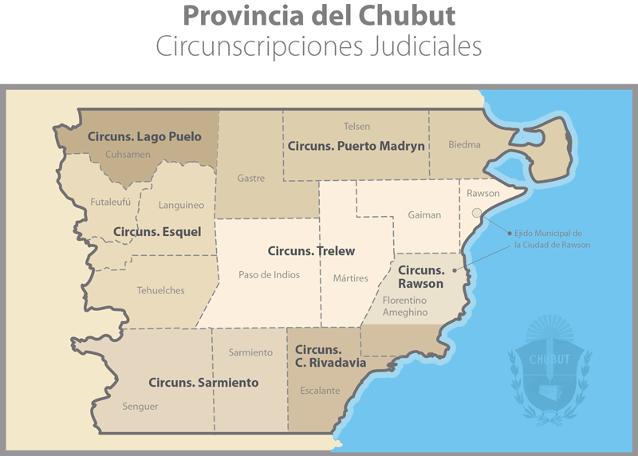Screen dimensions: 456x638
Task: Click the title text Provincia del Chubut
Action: (319, 15)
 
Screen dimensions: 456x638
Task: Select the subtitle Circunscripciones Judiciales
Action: (319, 45)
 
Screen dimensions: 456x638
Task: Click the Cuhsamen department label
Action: (128, 154)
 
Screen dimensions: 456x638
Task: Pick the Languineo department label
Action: (181, 205)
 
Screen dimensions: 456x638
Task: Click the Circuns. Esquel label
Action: (157, 232)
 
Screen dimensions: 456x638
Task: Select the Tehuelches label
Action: (160, 290)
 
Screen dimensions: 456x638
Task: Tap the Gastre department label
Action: (251, 179)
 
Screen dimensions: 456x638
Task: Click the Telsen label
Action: (356, 126)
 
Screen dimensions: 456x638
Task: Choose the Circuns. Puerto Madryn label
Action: (356, 146)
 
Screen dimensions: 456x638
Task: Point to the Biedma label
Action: (464, 145)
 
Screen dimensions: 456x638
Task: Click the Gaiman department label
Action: (424, 215)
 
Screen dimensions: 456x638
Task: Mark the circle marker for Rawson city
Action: (477, 213)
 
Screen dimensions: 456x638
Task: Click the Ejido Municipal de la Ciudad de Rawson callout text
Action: (552, 238)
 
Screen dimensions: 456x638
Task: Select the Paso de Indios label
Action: (269, 275)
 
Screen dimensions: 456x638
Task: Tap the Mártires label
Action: (351, 278)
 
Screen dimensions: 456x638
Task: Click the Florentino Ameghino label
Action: (404, 306)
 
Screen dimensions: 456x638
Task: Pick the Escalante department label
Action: (320, 391)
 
